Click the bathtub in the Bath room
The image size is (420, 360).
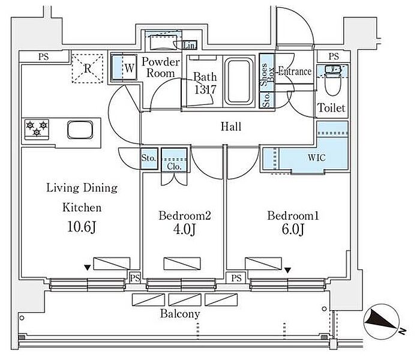(x=239, y=82)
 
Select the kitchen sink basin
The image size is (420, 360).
(x=80, y=130)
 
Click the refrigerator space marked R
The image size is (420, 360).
(x=88, y=68)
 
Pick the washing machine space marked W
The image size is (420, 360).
(x=124, y=67)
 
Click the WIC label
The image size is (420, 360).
(x=317, y=157)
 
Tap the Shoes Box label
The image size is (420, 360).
(x=267, y=74)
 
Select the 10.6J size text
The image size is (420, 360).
(x=82, y=227)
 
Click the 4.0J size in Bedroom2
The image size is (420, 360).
(x=184, y=229)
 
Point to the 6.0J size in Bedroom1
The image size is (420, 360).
(x=293, y=230)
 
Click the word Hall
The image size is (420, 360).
(x=231, y=127)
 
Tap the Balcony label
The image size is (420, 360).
(x=180, y=314)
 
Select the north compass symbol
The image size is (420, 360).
(x=382, y=321)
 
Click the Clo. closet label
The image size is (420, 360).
(x=174, y=167)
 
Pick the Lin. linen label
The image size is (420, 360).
(x=190, y=46)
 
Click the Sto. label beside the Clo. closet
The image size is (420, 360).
(x=149, y=158)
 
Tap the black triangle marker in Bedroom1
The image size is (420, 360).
(x=287, y=271)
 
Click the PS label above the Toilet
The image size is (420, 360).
(x=334, y=56)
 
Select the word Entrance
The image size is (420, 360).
(x=295, y=71)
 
